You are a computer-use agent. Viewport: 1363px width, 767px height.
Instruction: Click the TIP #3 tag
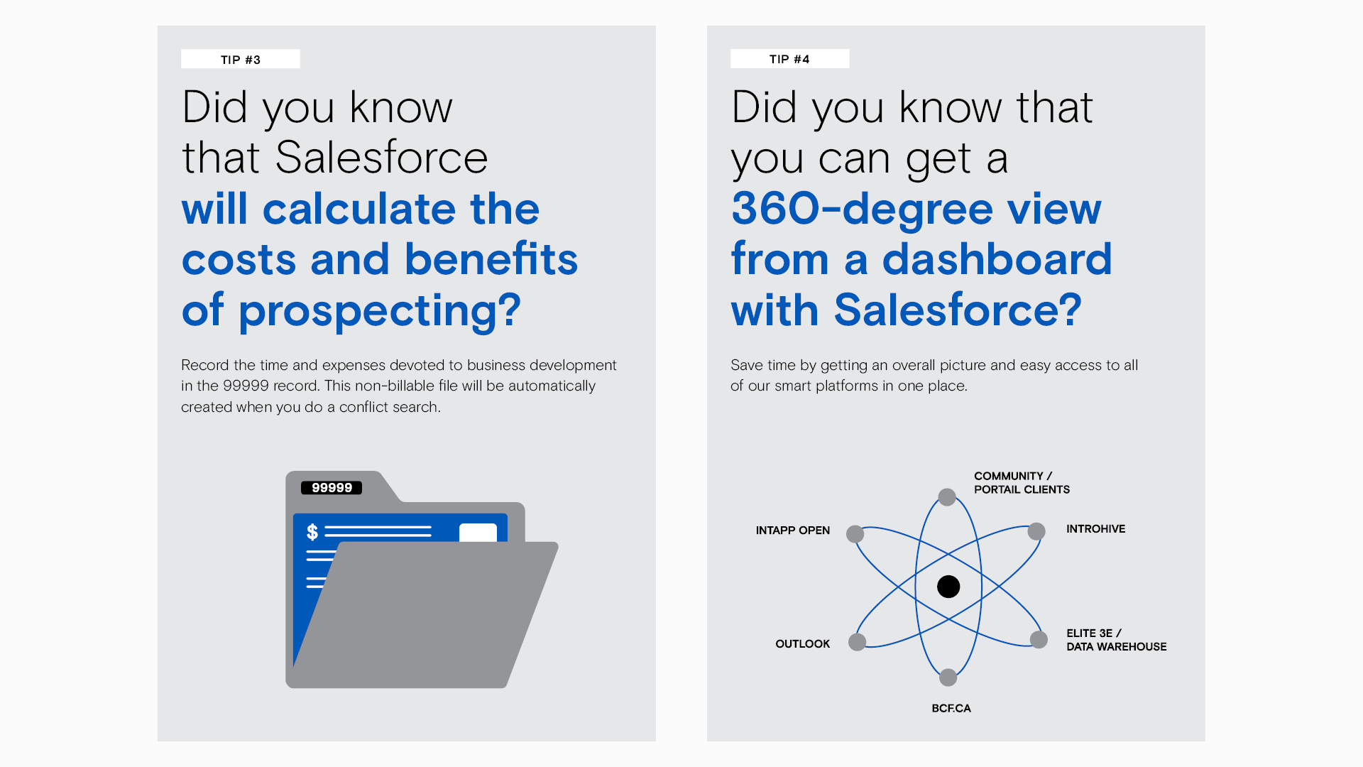[x=241, y=59]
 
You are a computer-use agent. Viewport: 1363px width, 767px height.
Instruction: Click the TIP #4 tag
[x=789, y=59]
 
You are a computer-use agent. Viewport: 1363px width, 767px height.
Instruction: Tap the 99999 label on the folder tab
[x=332, y=488]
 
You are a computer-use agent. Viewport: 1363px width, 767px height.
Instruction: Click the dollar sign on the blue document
[x=312, y=531]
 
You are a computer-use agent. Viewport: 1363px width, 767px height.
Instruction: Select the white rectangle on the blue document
[x=478, y=533]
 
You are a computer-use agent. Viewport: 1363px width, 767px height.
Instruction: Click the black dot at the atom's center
[x=948, y=587]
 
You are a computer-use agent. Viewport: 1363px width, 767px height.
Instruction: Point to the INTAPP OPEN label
[x=792, y=531]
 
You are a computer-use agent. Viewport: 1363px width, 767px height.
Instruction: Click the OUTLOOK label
[x=802, y=644]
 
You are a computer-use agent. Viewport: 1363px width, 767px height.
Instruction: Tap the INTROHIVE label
[x=1095, y=529]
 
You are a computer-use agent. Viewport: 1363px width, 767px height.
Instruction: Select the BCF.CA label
[x=951, y=708]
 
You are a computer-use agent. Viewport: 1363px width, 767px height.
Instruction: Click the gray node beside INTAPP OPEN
[x=855, y=534]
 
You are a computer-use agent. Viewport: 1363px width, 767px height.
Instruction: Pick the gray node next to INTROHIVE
[x=1036, y=531]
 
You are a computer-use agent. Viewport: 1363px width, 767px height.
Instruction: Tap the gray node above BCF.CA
[x=948, y=678]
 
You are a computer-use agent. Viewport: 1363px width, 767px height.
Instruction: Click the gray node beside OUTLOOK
[x=858, y=642]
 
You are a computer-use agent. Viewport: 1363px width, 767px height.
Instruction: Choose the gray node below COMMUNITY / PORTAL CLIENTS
[x=947, y=497]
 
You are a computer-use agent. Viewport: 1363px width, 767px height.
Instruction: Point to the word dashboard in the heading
[x=997, y=259]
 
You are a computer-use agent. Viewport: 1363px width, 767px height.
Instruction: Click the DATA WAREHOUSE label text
[x=1117, y=647]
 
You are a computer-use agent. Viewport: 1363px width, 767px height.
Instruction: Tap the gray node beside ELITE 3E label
[x=1039, y=639]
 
